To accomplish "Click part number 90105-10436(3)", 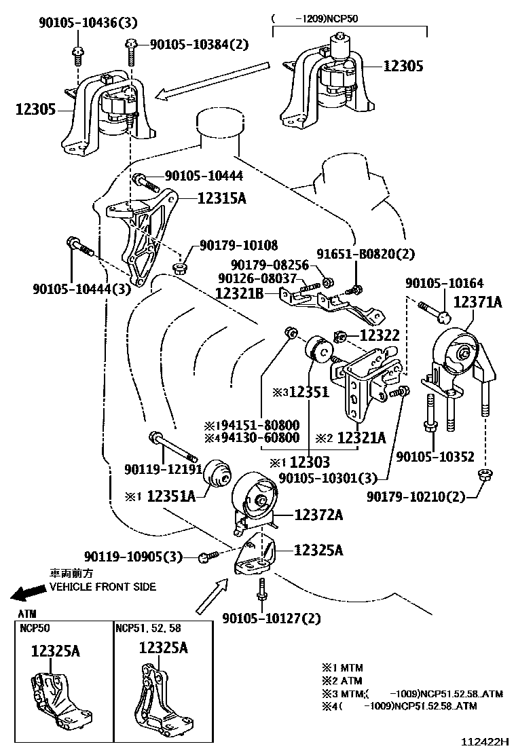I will (88, 24).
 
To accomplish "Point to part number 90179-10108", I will (238, 245).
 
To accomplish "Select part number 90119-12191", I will (163, 468).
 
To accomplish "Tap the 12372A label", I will (318, 515).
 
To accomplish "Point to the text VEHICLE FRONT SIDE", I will (103, 587).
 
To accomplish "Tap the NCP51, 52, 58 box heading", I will (149, 628).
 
